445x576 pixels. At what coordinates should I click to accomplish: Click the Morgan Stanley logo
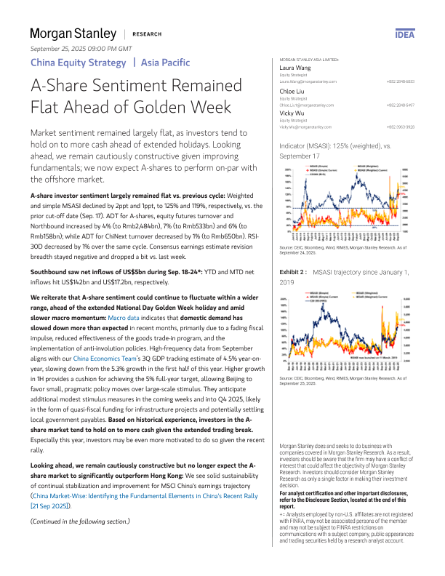73,33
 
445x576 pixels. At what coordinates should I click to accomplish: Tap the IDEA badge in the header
404,34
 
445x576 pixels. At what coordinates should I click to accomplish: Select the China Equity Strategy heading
78,62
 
